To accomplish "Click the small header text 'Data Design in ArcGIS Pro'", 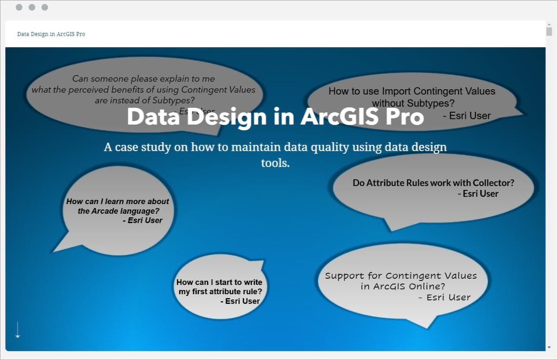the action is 51,34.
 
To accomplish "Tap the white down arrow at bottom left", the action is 18,330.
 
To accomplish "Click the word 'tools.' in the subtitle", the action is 275,163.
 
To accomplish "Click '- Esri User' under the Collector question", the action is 478,194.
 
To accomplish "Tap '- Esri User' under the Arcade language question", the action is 143,220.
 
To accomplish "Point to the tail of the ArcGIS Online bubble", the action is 427,328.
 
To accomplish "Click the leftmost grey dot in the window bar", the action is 19,8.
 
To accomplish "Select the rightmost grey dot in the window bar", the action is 45,8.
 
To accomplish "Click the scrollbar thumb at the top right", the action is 549,32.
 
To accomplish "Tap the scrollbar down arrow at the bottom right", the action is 549,347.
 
